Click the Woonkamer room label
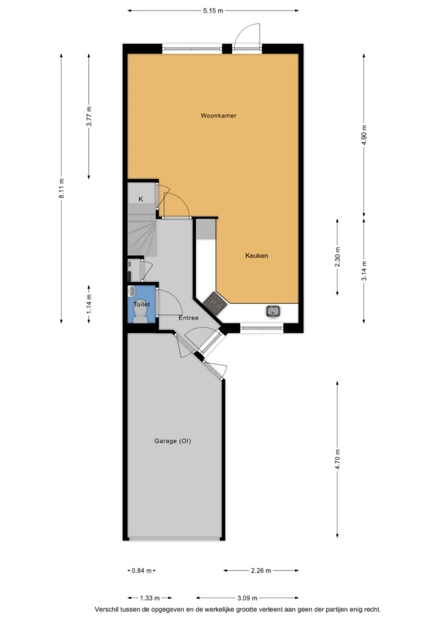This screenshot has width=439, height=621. click(219, 115)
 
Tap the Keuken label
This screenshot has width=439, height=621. click(257, 256)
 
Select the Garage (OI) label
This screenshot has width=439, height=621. click(173, 441)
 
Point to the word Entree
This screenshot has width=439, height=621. click(188, 318)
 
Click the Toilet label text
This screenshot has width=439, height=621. click(142, 304)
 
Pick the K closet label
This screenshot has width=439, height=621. click(141, 199)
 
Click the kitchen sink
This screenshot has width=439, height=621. click(273, 311)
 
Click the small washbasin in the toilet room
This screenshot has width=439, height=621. click(131, 291)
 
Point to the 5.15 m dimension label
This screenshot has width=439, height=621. click(213, 11)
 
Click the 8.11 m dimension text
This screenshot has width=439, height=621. click(61, 188)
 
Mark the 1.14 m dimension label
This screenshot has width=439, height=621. click(89, 304)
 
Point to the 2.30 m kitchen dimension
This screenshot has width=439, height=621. click(337, 257)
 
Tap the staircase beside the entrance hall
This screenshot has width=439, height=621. click(141, 236)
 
